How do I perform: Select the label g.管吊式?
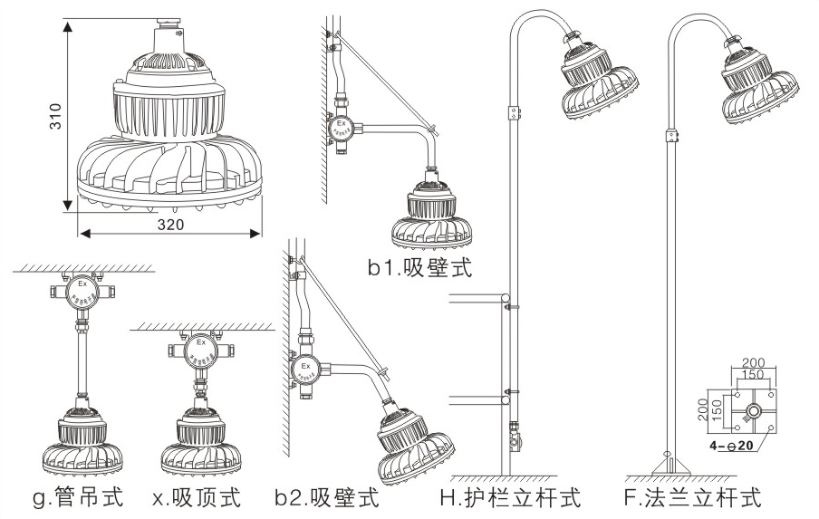(x=74, y=498)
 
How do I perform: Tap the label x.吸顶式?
(x=198, y=498)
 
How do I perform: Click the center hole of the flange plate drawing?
(x=753, y=410)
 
